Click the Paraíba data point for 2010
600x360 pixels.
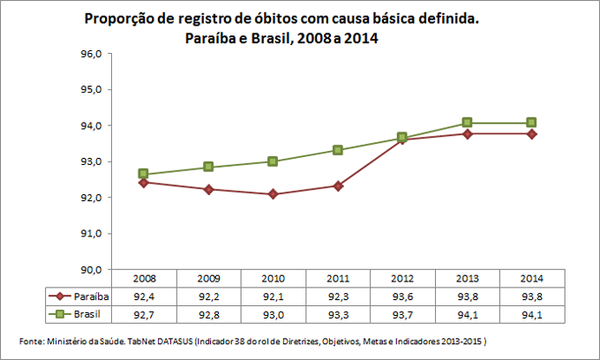(x=273, y=194)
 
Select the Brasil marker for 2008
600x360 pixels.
(x=143, y=174)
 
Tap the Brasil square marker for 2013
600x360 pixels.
(x=467, y=123)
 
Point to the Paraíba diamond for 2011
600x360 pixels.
(x=338, y=186)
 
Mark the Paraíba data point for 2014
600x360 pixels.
(x=532, y=134)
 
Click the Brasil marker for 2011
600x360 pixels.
(x=338, y=150)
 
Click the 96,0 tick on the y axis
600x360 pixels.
(x=94, y=54)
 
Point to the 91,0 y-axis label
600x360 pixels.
(x=94, y=234)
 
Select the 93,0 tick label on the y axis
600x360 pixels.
(x=94, y=162)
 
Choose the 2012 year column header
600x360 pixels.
(x=402, y=278)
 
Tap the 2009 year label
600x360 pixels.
(x=207, y=278)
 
